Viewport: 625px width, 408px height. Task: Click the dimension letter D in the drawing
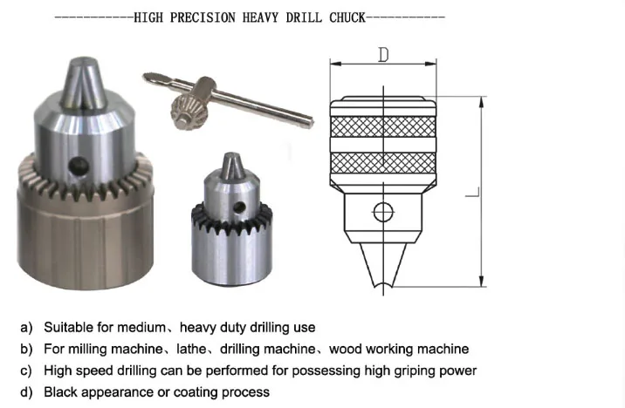[x=382, y=55]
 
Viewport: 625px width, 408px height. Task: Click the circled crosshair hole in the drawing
[x=382, y=211]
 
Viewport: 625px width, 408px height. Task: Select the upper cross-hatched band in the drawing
[x=382, y=124]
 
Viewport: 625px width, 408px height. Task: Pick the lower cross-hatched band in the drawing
[x=382, y=162]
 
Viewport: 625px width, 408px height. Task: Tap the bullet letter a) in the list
[x=26, y=328]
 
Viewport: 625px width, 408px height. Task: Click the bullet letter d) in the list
[x=26, y=392]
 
